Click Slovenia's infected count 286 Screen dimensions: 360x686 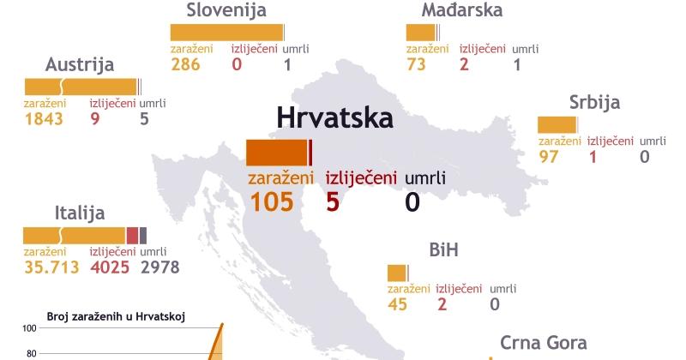point(185,65)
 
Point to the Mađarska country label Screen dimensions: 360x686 point(461,10)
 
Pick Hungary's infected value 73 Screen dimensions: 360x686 point(418,65)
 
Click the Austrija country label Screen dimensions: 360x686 point(81,65)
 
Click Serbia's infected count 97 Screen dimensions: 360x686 point(550,157)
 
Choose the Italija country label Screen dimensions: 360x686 point(79,213)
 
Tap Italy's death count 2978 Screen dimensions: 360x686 point(159,267)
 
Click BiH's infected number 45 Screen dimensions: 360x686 point(397,303)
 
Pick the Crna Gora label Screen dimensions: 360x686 point(543,344)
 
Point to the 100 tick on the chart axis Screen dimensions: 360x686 point(29,328)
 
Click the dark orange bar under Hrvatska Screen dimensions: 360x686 point(276,152)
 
